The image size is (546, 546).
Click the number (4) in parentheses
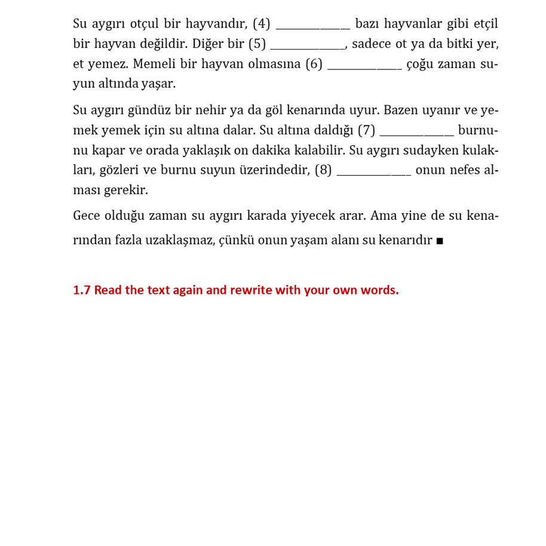tap(262, 24)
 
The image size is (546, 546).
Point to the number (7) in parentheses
tap(366, 130)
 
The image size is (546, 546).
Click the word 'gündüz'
tap(149, 111)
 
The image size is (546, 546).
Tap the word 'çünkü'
tap(238, 241)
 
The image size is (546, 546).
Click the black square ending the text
tap(440, 241)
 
